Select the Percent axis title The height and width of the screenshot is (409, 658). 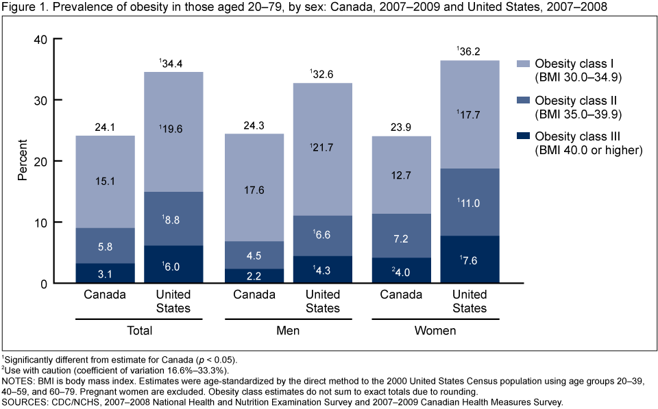click(23, 162)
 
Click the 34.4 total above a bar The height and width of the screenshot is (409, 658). click(173, 64)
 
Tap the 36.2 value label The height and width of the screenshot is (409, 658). click(471, 51)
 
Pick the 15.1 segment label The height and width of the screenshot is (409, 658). click(105, 182)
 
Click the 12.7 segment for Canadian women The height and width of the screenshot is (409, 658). click(401, 175)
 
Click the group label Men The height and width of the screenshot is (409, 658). click(288, 331)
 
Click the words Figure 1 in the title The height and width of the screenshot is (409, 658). click(25, 8)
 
